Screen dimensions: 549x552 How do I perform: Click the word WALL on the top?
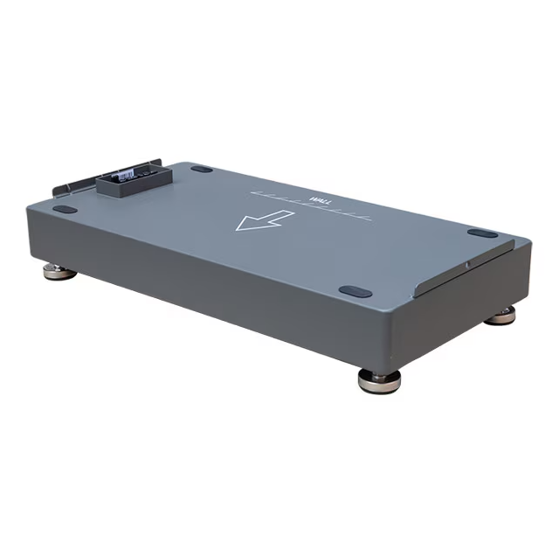pyautogui.click(x=319, y=202)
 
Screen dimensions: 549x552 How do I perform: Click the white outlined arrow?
pyautogui.click(x=263, y=221)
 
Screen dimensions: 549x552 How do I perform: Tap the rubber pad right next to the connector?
pyautogui.click(x=202, y=169)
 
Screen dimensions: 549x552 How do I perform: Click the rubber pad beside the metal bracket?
pyautogui.click(x=64, y=209)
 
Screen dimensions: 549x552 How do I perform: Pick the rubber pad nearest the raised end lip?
pyautogui.click(x=481, y=233)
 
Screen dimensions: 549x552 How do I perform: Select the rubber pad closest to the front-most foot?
pyautogui.click(x=355, y=291)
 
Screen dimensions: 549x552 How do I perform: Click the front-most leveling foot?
pyautogui.click(x=379, y=381)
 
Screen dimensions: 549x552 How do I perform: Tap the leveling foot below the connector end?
pyautogui.click(x=59, y=273)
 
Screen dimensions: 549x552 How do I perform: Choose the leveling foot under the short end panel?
pyautogui.click(x=500, y=316)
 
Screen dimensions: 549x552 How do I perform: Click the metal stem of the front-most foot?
pyautogui.click(x=379, y=373)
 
